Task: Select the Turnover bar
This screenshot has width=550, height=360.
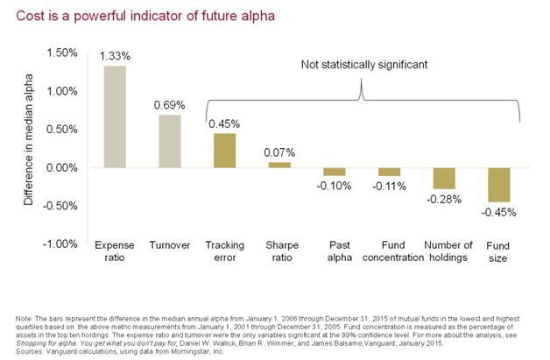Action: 169,141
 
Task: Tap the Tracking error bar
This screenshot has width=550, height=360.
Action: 224,150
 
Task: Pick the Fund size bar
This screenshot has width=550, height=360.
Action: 499,184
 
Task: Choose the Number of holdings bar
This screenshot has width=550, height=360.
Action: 444,178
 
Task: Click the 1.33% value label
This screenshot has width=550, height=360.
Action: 115,56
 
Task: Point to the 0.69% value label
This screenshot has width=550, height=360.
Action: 170,105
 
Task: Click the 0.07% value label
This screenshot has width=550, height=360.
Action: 279,152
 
